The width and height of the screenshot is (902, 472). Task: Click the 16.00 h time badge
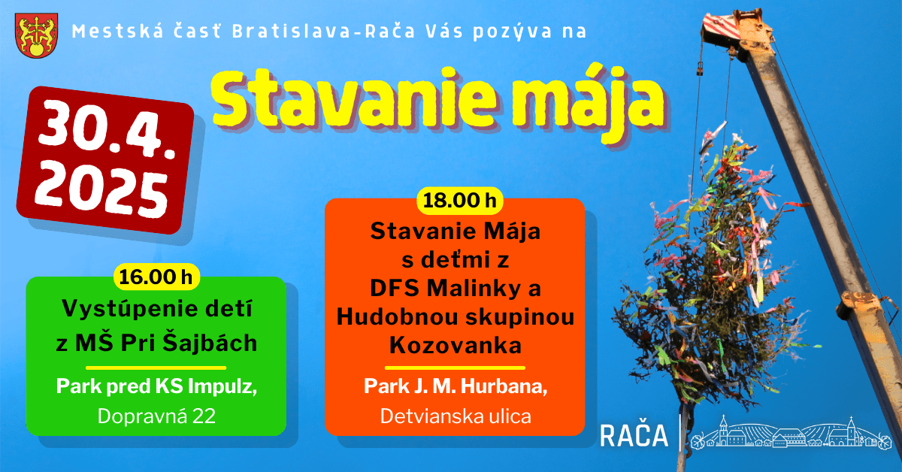click(x=157, y=277)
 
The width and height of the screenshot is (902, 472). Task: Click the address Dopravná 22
click(x=156, y=416)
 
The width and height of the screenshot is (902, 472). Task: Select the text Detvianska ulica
click(x=456, y=416)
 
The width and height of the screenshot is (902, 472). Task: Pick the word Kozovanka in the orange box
click(x=456, y=346)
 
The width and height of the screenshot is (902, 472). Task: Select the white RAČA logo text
click(x=634, y=435)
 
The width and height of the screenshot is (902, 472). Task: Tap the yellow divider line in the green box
click(x=156, y=368)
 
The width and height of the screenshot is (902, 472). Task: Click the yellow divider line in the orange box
click(x=456, y=368)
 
